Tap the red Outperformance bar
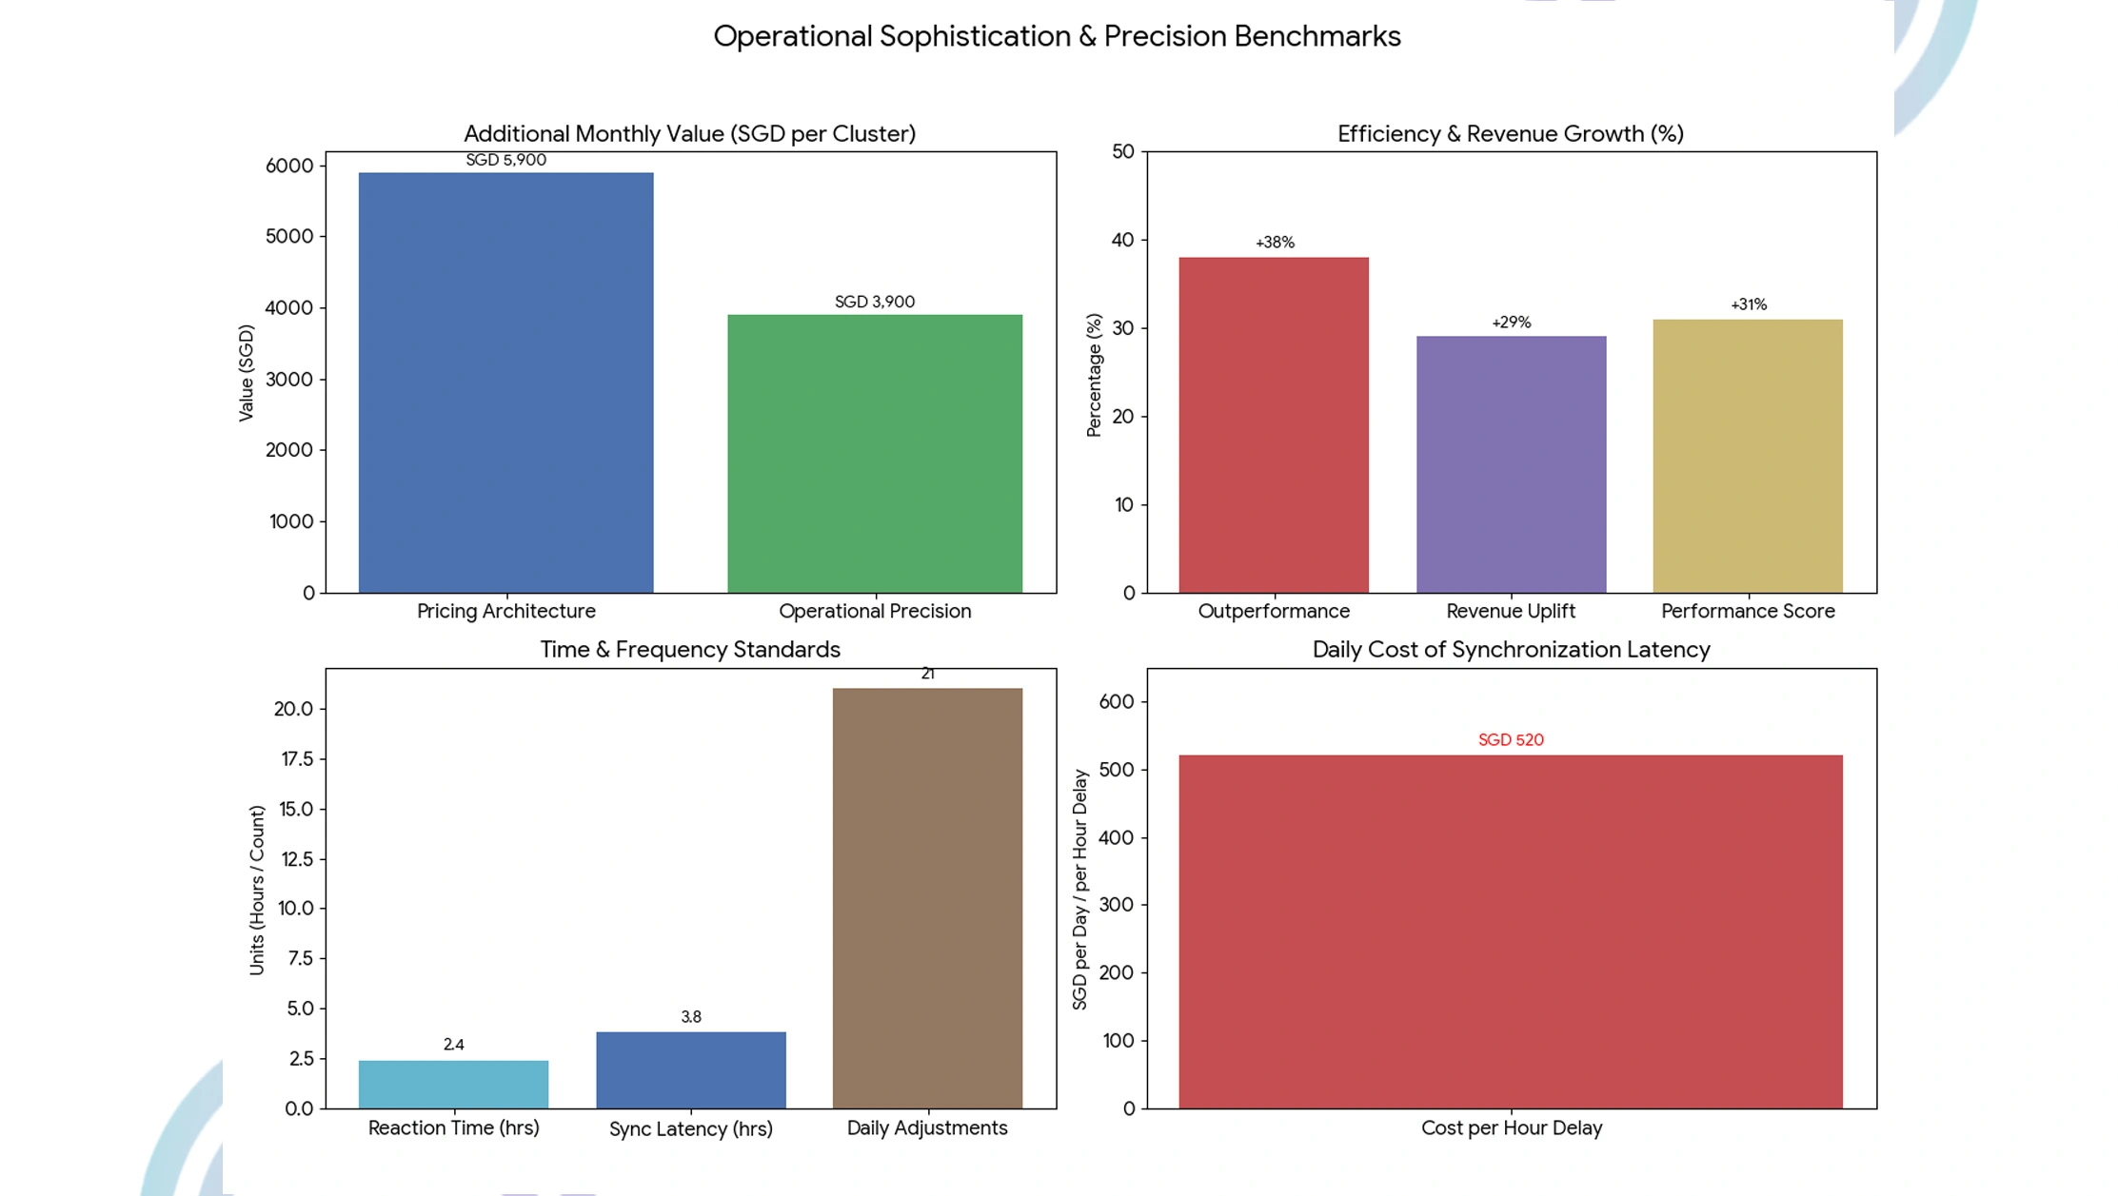coord(1274,424)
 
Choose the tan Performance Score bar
coord(1748,456)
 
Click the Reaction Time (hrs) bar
coord(453,1084)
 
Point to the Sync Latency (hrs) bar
coord(691,1069)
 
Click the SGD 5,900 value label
coord(505,160)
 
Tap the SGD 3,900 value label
coord(875,302)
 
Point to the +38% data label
coord(1275,243)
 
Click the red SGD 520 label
coord(1511,739)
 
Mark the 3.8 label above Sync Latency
coord(691,1017)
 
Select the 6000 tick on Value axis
coord(289,166)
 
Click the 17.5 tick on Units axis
coord(295,758)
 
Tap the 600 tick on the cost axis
coord(1117,701)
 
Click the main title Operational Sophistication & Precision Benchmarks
coord(1057,36)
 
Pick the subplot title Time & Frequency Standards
coord(690,649)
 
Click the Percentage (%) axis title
coord(1094,375)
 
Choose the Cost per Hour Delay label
coord(1512,1127)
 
